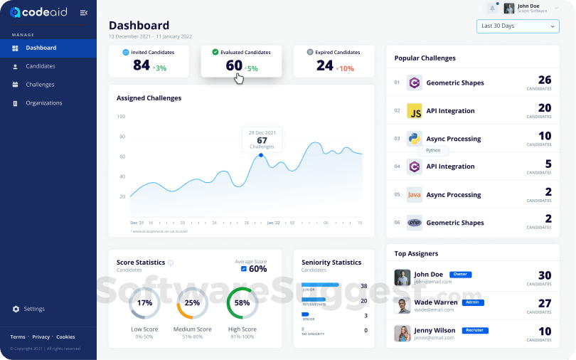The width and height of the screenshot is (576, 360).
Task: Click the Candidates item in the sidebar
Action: pos(40,66)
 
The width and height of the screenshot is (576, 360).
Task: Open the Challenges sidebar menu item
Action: pos(40,85)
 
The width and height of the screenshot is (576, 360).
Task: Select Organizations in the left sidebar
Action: pos(43,103)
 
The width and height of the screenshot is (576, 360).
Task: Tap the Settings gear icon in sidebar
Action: pos(16,309)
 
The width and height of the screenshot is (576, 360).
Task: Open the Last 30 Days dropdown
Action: pos(518,26)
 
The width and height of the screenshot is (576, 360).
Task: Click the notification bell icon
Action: pos(492,9)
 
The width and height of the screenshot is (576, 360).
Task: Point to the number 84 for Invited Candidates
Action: pos(142,65)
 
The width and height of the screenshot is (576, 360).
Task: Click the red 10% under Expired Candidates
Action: pos(346,68)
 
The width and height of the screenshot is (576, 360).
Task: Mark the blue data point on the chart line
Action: pos(261,155)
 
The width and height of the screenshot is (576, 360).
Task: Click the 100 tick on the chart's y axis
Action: pos(121,117)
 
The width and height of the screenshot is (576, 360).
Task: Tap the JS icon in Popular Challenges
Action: pos(415,111)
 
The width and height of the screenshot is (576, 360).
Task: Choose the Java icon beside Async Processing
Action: pos(415,195)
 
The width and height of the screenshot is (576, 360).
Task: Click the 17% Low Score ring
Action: pos(144,303)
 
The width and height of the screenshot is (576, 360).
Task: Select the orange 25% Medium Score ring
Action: pos(192,303)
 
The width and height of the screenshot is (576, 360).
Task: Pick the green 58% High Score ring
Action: pos(242,303)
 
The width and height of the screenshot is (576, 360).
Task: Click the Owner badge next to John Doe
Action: pos(461,274)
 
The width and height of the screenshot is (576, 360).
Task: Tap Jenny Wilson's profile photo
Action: pos(402,334)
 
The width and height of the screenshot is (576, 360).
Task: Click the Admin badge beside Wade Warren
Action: pos(472,302)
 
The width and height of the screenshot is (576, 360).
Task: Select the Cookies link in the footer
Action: pos(65,337)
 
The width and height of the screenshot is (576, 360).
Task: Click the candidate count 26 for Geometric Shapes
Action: pos(544,80)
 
